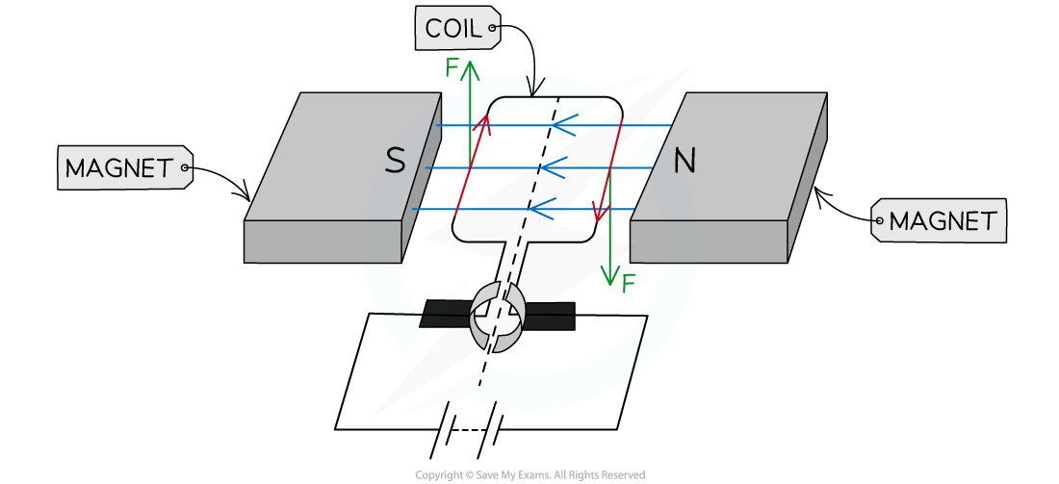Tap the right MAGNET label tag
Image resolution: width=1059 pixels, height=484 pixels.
pyautogui.click(x=941, y=221)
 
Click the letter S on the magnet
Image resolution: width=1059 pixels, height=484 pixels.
pyautogui.click(x=395, y=161)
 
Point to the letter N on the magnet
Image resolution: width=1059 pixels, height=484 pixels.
pyautogui.click(x=684, y=161)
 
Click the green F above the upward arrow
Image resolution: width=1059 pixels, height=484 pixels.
pyautogui.click(x=452, y=67)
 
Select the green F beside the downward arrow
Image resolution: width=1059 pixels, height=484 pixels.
pyautogui.click(x=629, y=283)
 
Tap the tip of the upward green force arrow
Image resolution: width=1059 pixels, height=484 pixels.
pyautogui.click(x=470, y=64)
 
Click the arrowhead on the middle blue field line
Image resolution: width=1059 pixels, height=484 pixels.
pyautogui.click(x=548, y=168)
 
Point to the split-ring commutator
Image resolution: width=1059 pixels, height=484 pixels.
pyautogui.click(x=497, y=316)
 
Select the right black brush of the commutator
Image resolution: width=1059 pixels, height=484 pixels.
pyautogui.click(x=550, y=315)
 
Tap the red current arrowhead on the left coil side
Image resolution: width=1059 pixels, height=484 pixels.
pyautogui.click(x=485, y=120)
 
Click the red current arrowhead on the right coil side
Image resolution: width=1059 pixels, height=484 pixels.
pyautogui.click(x=600, y=212)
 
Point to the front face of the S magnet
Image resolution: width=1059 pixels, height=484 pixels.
pyautogui.click(x=323, y=241)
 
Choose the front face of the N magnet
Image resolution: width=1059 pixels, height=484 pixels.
pyautogui.click(x=709, y=241)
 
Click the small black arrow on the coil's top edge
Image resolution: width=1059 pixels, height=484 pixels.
pyautogui.click(x=539, y=89)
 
